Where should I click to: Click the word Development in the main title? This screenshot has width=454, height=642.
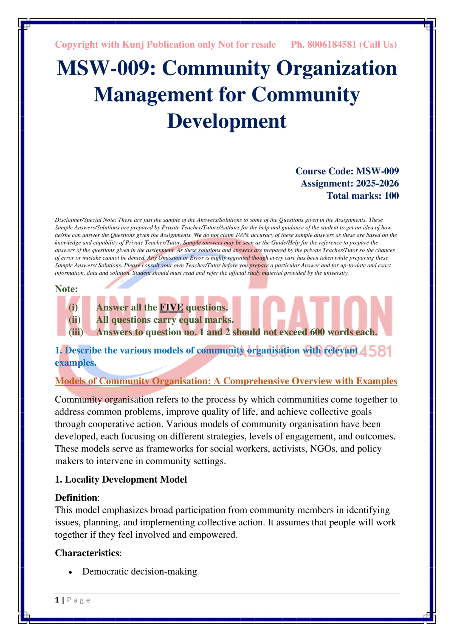click(227, 121)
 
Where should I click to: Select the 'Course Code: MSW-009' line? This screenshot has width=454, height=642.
click(347, 171)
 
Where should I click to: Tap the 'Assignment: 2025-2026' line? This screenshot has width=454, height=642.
click(349, 183)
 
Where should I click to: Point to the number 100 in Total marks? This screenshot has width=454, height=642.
click(391, 195)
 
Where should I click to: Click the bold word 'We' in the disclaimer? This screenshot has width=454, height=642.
click(197, 235)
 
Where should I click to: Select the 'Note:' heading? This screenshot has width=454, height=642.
click(66, 289)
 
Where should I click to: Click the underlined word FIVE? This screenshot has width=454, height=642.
click(171, 307)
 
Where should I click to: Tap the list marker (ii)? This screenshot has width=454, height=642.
click(75, 320)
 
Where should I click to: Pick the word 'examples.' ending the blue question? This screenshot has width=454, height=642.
click(75, 363)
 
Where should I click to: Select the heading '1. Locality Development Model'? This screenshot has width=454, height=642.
click(121, 479)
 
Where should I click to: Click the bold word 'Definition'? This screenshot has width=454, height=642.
click(76, 497)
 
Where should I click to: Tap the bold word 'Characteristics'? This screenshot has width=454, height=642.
click(87, 553)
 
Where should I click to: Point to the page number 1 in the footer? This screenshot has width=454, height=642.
click(57, 600)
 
